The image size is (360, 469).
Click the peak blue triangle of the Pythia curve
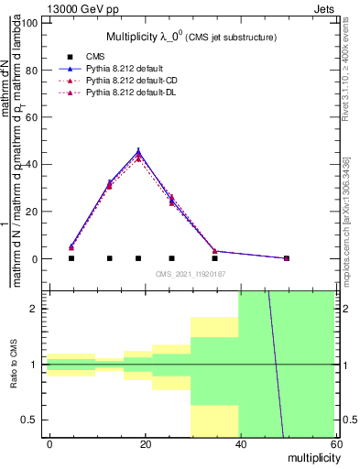(138, 151)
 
